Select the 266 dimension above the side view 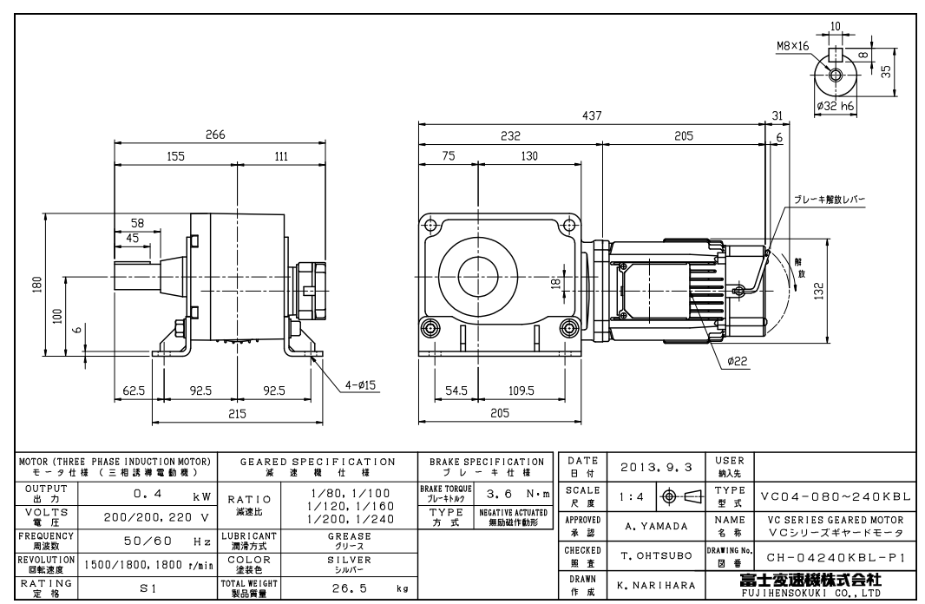click(214, 135)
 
